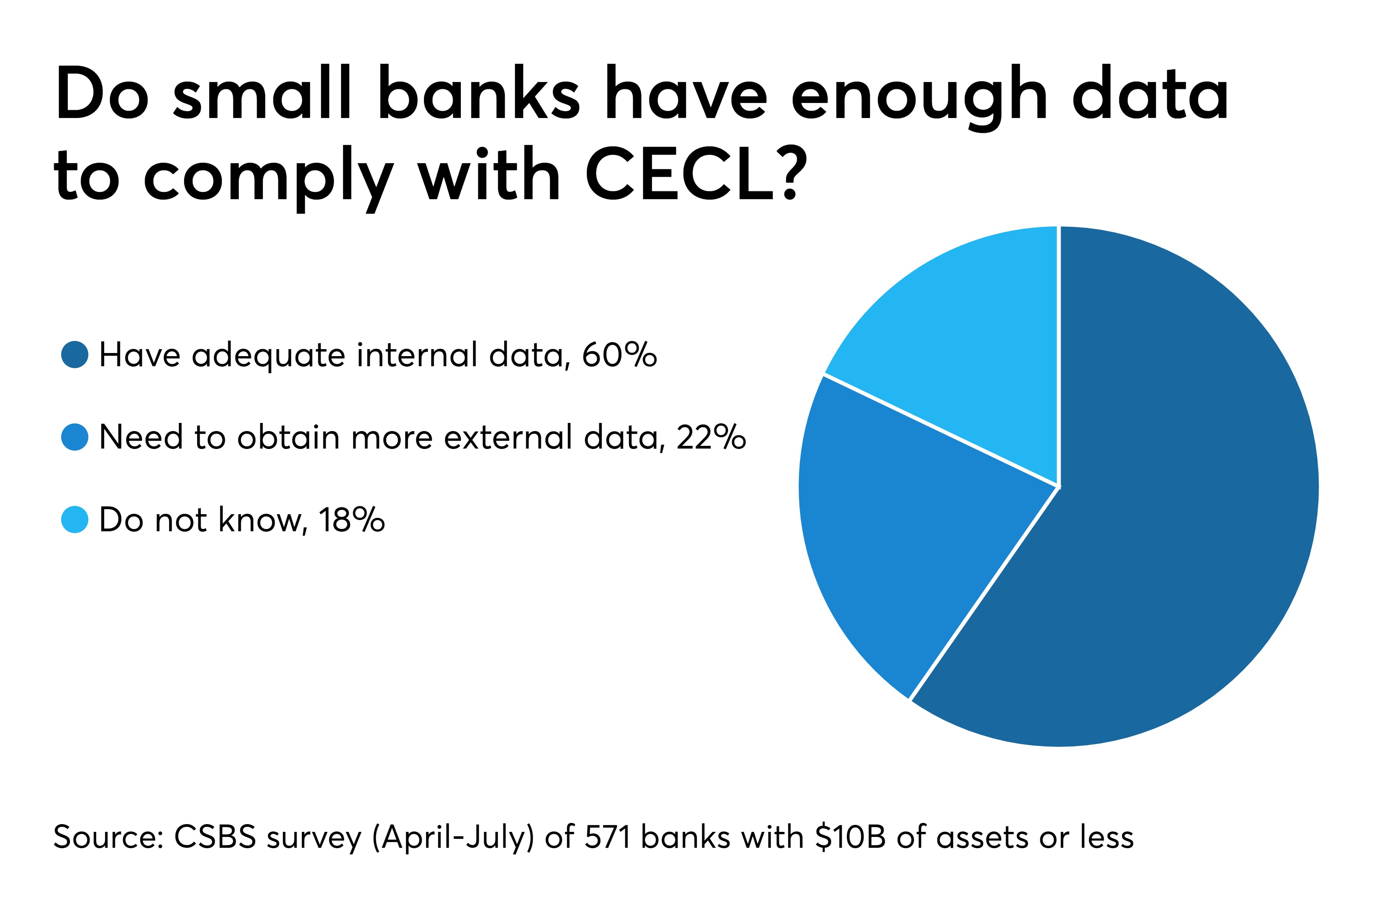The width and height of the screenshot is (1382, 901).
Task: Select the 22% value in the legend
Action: [x=711, y=437]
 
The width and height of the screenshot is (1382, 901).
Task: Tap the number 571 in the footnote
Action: [x=607, y=837]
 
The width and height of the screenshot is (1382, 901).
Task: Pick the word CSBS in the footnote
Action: [x=215, y=837]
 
